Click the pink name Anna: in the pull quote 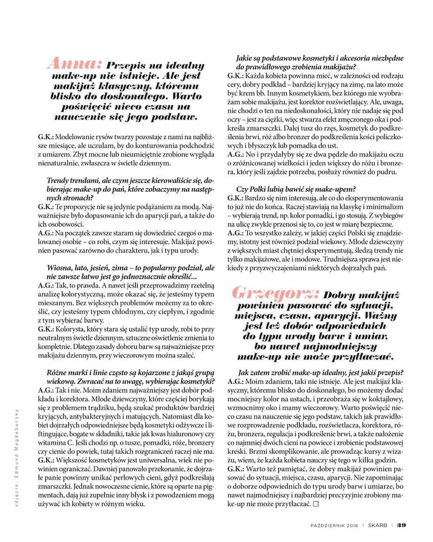[76, 64]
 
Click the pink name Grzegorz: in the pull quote [275, 294]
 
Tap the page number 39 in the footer [401, 526]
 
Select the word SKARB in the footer [378, 526]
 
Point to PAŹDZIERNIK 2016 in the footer [337, 526]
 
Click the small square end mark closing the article [316, 504]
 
